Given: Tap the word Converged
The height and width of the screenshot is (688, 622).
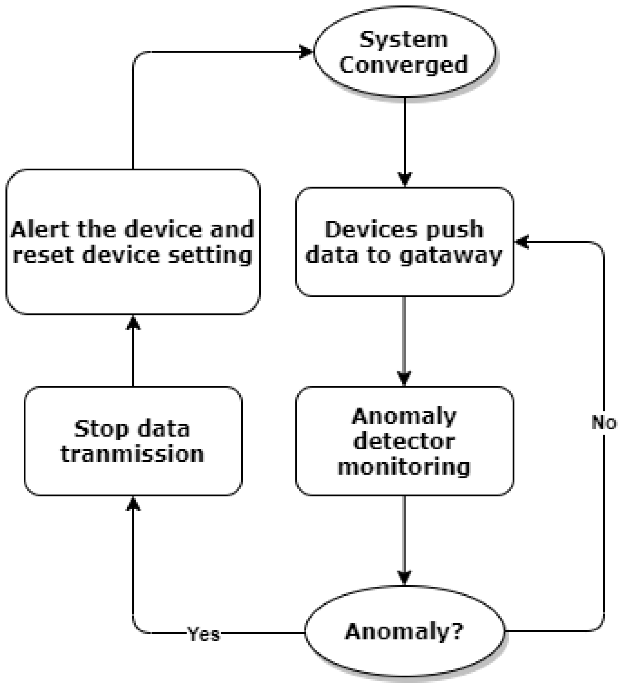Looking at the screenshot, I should tap(404, 65).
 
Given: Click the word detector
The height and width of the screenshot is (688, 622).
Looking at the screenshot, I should tap(404, 442).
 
